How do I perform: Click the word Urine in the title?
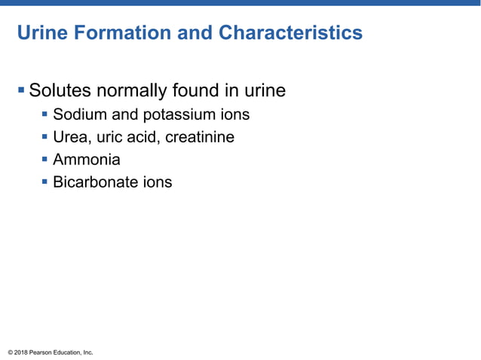point(42,34)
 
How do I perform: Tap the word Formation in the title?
point(117,34)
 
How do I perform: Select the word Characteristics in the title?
point(290,34)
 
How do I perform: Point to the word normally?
point(133,92)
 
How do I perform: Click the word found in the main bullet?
point(202,91)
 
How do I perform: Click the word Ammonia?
point(87,160)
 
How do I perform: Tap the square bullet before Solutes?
point(21,91)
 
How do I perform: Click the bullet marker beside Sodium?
point(45,115)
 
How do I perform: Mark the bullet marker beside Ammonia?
point(45,160)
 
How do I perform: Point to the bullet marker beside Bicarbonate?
point(45,182)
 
